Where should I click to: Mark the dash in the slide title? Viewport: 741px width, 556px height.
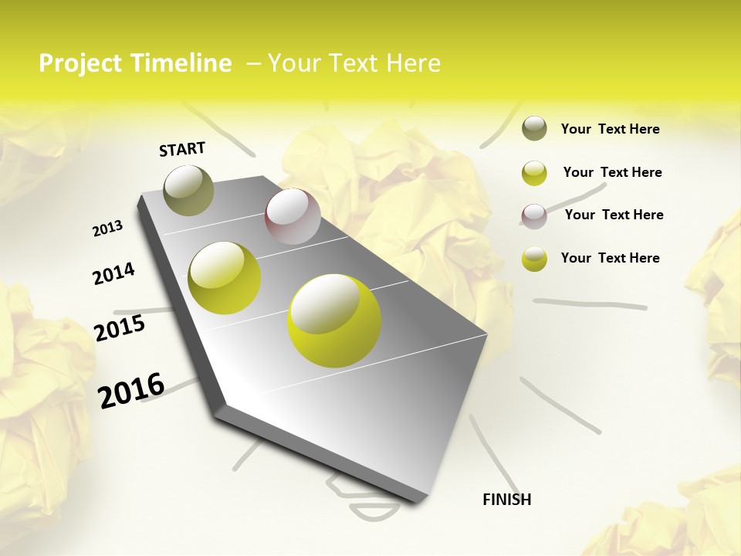pos(253,64)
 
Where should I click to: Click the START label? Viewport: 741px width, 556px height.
pos(182,149)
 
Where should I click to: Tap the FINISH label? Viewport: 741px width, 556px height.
pos(506,500)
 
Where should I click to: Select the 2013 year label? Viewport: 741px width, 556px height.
pos(107,229)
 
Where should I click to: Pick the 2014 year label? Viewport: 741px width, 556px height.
pos(113,274)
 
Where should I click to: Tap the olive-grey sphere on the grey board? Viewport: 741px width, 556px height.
pos(189,190)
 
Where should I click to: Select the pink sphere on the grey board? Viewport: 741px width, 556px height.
pos(293,216)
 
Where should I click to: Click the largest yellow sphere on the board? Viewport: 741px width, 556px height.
pos(334,320)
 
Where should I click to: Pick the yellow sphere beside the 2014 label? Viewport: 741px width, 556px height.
pos(225,277)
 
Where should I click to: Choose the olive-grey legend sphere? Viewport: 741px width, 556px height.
pos(534,128)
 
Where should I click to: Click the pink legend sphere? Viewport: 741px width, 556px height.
pos(534,216)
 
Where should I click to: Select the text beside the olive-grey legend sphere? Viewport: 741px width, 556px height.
pos(610,130)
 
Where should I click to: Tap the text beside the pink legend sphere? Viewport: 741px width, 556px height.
pos(614,215)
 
